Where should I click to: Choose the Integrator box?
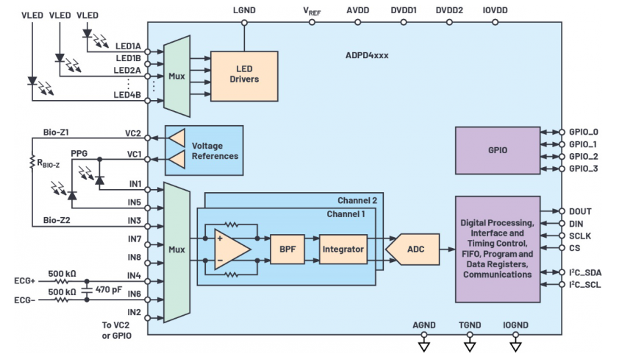point(343,250)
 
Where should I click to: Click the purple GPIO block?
point(497,150)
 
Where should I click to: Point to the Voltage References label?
point(215,151)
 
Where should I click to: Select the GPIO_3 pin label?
point(582,169)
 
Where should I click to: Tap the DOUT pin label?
point(580,211)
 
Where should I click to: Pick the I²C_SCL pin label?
point(585,284)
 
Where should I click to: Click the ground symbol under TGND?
point(469,345)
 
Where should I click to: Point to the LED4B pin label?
point(127,93)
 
